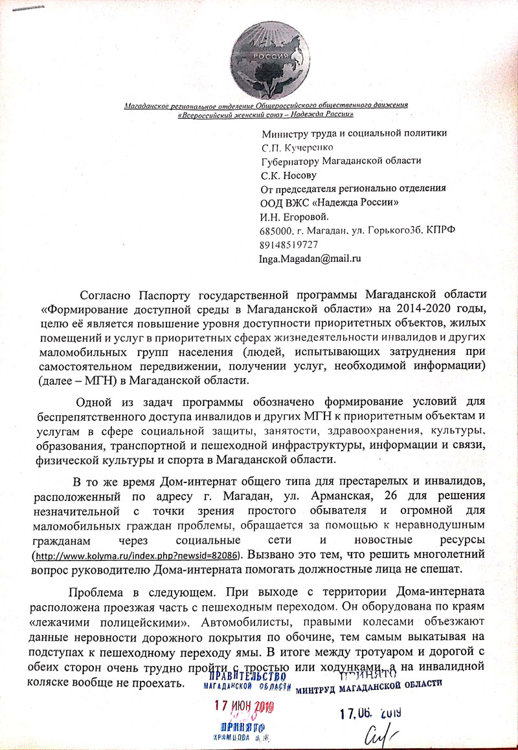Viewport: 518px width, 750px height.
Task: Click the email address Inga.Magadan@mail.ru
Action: click(x=310, y=258)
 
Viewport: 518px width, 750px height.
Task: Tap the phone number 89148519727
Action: click(x=288, y=245)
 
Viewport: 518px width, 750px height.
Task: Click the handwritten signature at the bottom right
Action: click(x=380, y=733)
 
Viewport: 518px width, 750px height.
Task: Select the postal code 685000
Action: click(x=275, y=230)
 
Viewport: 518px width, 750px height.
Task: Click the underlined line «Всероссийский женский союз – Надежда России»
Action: click(x=265, y=114)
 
